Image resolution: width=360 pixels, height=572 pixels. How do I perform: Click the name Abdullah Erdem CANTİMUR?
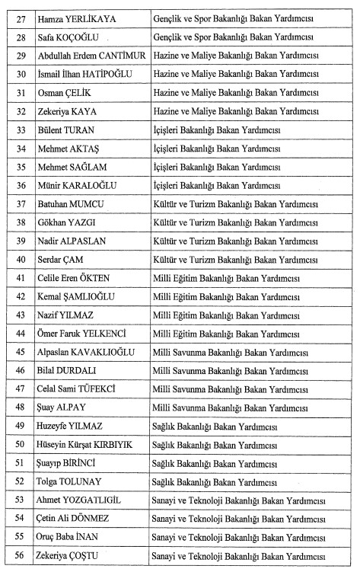(86, 56)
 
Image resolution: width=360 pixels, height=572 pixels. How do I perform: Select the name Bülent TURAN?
(65, 130)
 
